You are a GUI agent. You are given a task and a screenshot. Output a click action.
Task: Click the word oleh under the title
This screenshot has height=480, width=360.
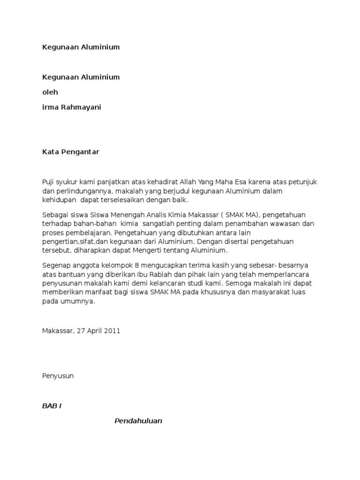pyautogui.click(x=50, y=92)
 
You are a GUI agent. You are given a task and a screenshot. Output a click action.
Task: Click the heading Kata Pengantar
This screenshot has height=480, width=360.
pyautogui.click(x=71, y=152)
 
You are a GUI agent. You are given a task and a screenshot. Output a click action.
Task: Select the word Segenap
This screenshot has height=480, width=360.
pyautogui.click(x=56, y=265)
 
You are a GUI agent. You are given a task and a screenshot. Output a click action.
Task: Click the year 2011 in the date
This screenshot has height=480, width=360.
pyautogui.click(x=112, y=330)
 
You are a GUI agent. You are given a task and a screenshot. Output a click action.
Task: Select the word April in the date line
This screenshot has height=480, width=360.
pyautogui.click(x=93, y=330)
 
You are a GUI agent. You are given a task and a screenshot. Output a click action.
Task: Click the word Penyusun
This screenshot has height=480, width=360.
pyautogui.click(x=58, y=375)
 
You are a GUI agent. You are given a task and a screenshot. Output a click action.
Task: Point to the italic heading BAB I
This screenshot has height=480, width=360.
pyautogui.click(x=52, y=405)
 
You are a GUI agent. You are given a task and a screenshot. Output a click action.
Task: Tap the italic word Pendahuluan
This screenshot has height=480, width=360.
pyautogui.click(x=138, y=420)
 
